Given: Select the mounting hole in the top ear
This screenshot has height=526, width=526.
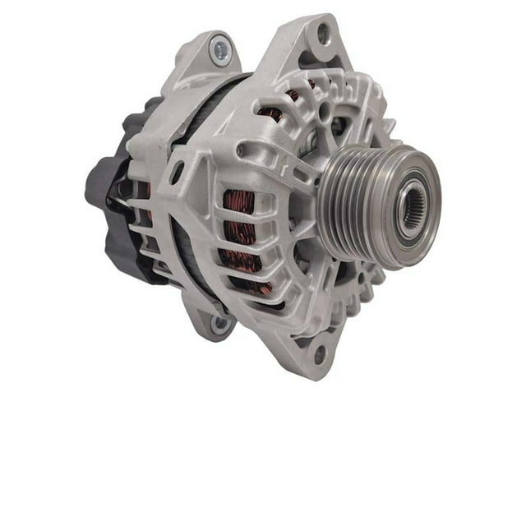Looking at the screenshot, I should click(323, 34).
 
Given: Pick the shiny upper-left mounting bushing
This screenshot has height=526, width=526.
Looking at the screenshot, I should click(220, 51).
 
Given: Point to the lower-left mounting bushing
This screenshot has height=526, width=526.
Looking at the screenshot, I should click(219, 323).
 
